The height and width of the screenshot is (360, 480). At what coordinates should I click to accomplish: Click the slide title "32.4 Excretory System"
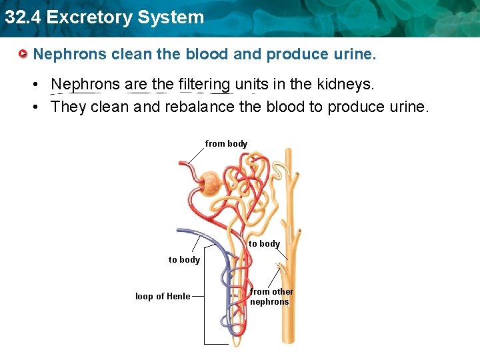[104, 17]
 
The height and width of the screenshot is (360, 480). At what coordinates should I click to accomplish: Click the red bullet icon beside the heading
[23, 53]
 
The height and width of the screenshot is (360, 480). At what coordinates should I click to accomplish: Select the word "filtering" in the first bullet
[204, 85]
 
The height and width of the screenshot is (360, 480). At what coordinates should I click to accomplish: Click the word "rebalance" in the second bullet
[199, 107]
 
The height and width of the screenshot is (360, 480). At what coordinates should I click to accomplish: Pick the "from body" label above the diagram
[226, 143]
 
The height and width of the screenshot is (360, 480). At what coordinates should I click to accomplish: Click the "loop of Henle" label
[163, 296]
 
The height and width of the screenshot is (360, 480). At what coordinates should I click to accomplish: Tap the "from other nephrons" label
[271, 297]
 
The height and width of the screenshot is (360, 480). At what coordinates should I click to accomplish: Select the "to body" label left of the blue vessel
[184, 259]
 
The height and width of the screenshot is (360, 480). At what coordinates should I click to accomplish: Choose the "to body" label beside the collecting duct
[264, 243]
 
